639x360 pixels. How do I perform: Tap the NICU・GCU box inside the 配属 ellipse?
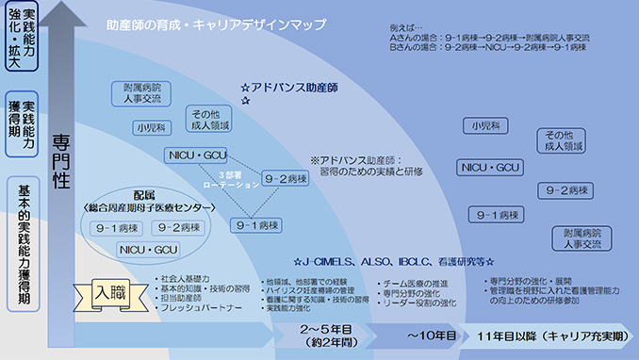click(x=149, y=249)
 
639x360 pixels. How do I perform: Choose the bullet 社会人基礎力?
click(x=188, y=280)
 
